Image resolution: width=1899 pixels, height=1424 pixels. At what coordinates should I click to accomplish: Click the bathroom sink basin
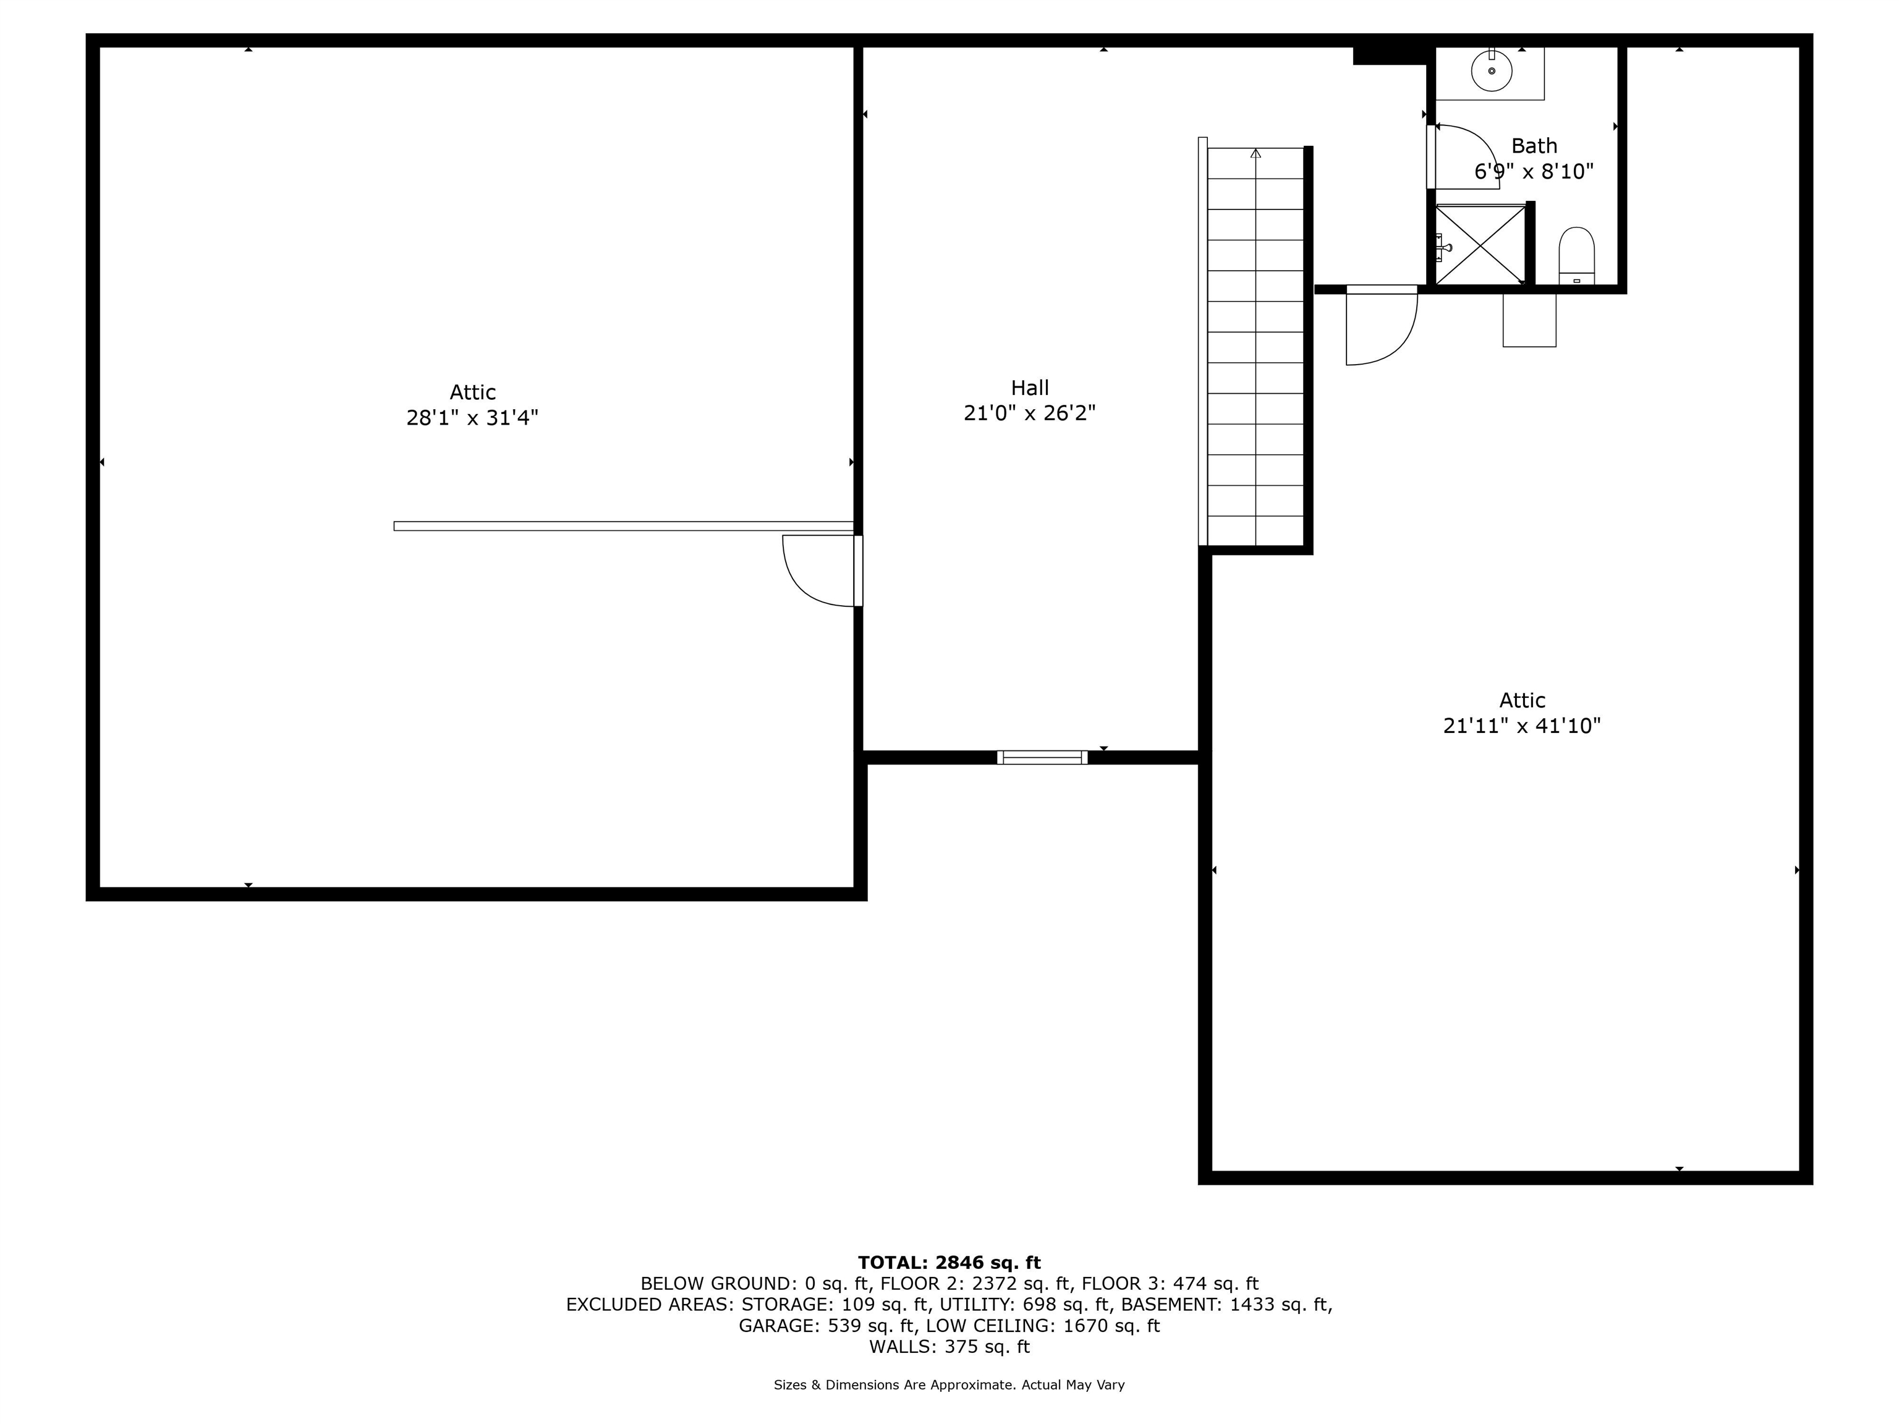tap(1491, 70)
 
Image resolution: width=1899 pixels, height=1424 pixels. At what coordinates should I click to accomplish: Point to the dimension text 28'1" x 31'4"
tap(472, 418)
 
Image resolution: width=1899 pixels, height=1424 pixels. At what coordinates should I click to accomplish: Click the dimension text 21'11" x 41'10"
tap(1522, 726)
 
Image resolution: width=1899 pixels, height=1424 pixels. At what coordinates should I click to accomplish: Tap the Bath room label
tap(1534, 146)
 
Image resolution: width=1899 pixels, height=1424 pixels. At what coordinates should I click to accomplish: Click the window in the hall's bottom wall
tap(1042, 757)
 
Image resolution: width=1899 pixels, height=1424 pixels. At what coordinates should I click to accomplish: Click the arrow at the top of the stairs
tap(1256, 153)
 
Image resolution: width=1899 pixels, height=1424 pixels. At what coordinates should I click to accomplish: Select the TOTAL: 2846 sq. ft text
tap(949, 1263)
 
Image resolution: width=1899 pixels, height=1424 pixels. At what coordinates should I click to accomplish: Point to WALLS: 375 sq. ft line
tap(949, 1347)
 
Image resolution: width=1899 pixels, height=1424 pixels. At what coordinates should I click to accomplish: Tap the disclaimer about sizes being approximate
tap(949, 1384)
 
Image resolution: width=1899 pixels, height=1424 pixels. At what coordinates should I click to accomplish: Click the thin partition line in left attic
tap(623, 526)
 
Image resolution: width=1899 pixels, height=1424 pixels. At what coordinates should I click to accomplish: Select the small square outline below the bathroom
tap(1529, 320)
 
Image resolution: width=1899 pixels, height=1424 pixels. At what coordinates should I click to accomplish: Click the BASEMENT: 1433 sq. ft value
tap(1227, 1305)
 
